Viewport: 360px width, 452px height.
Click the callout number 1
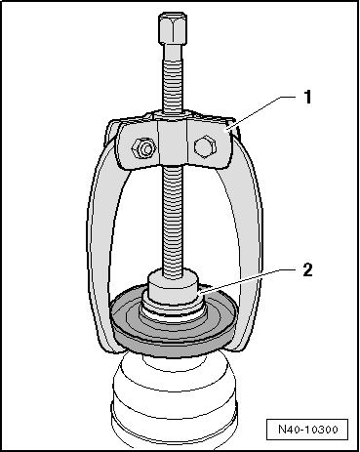(307, 97)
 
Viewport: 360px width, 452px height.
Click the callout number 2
(307, 269)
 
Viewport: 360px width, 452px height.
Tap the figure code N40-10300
(307, 430)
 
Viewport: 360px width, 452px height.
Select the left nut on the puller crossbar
(143, 148)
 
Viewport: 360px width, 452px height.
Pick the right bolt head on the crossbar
(205, 145)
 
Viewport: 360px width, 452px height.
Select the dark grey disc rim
(174, 346)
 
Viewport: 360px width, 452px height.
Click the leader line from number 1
(264, 112)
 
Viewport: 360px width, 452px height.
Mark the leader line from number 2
(248, 282)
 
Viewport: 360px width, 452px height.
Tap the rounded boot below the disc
(174, 400)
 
